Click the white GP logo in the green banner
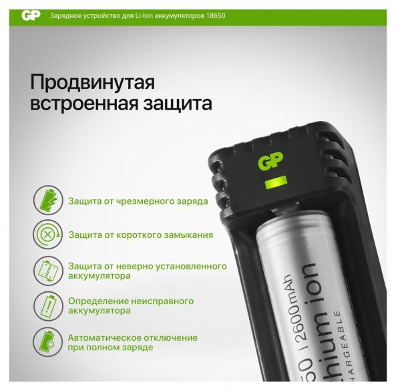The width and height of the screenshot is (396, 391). click(x=31, y=15)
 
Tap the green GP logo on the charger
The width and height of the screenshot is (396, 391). click(x=270, y=161)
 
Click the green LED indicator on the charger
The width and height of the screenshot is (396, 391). click(x=276, y=182)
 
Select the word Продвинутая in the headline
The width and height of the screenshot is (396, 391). click(x=92, y=82)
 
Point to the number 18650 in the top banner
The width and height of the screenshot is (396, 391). click(x=216, y=15)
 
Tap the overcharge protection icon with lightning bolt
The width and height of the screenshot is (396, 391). click(x=48, y=200)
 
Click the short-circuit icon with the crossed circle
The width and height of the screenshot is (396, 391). click(x=47, y=235)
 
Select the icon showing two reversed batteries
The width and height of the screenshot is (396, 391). click(x=47, y=271)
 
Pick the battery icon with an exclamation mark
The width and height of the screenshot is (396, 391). click(x=47, y=306)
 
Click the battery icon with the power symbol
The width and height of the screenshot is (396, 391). click(x=47, y=342)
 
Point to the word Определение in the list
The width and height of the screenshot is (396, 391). click(x=98, y=301)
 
